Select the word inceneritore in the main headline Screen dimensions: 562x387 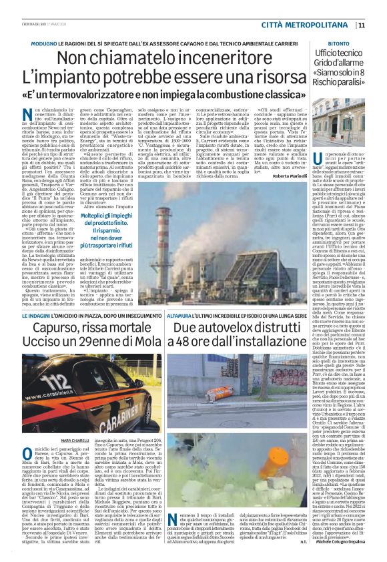(x=223, y=59)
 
